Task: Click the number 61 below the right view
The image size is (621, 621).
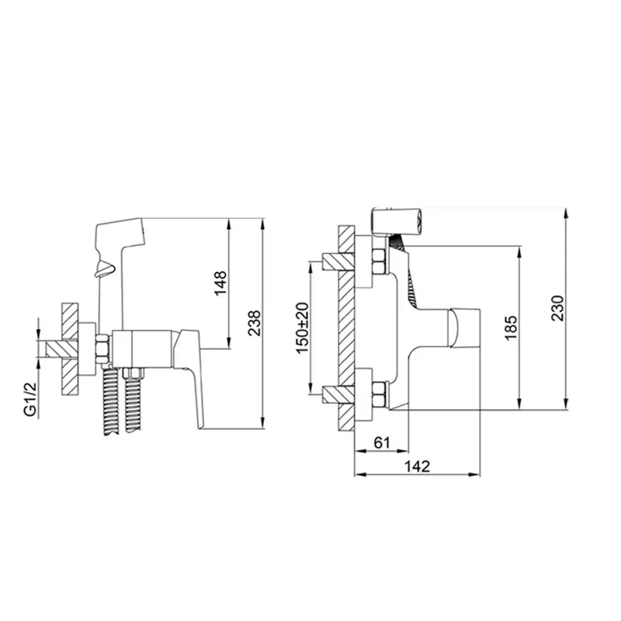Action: click(x=381, y=442)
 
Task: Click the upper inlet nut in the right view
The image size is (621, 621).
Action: click(x=379, y=262)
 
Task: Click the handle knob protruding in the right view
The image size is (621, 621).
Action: click(x=465, y=329)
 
